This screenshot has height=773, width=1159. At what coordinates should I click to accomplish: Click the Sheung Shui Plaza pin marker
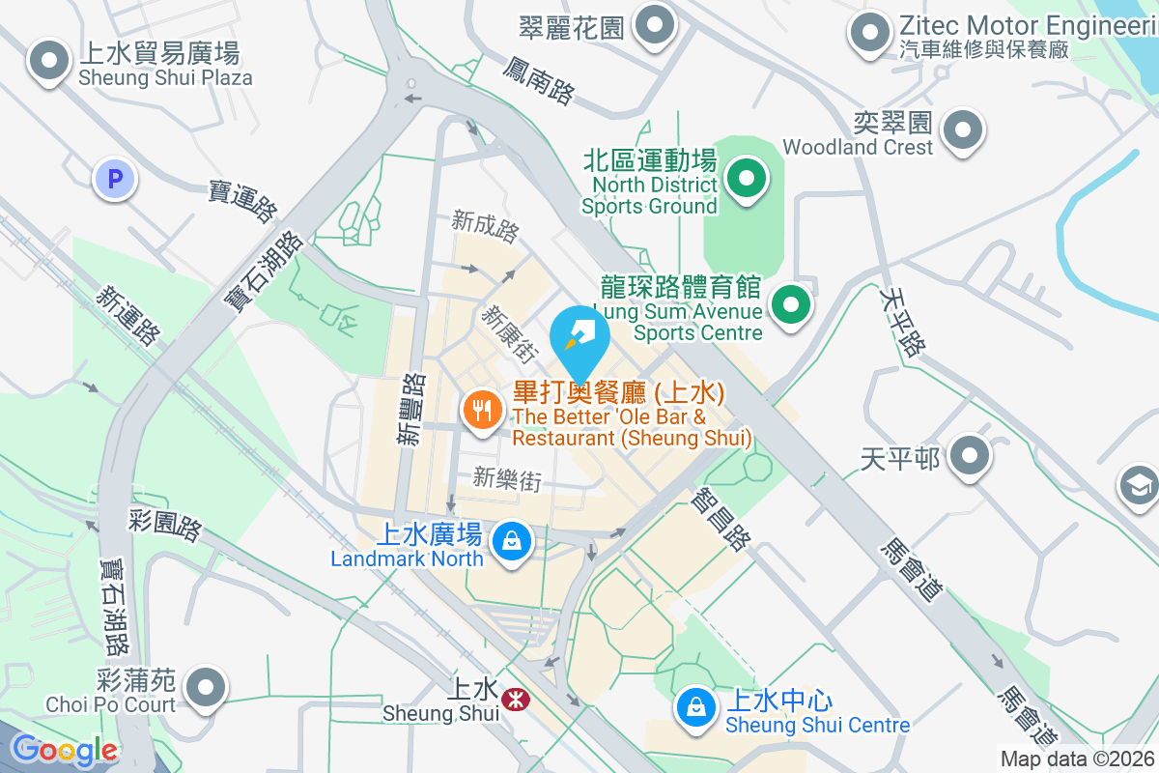pyautogui.click(x=47, y=62)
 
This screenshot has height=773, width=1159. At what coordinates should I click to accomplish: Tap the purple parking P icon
pyautogui.click(x=115, y=179)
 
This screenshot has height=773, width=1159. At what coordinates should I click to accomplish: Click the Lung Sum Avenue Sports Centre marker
pyautogui.click(x=791, y=306)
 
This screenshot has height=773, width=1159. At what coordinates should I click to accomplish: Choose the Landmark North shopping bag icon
pyautogui.click(x=511, y=541)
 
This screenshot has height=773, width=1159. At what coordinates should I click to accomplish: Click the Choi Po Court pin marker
pyautogui.click(x=205, y=688)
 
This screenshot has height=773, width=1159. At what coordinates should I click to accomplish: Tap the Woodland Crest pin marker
pyautogui.click(x=962, y=130)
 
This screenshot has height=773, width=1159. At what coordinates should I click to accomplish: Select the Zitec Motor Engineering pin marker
pyautogui.click(x=869, y=32)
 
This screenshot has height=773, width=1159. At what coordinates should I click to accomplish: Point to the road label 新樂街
pyautogui.click(x=506, y=478)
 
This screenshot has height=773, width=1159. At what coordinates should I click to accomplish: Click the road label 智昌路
pyautogui.click(x=720, y=519)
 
